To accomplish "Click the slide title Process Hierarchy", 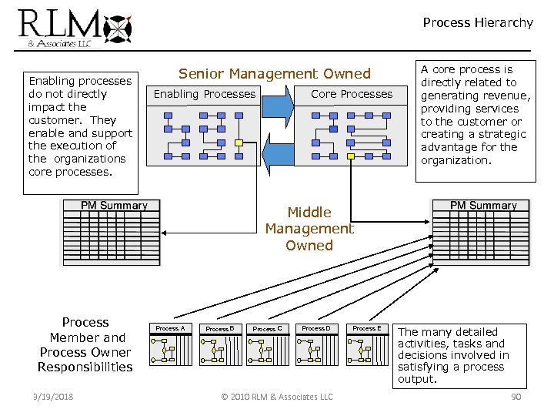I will (x=477, y=23).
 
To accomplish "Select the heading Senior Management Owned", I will (x=274, y=74).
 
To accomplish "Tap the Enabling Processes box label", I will (x=205, y=94).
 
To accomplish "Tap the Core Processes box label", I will (x=351, y=94).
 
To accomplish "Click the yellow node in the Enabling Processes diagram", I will (x=239, y=143).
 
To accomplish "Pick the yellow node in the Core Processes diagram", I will (x=351, y=156).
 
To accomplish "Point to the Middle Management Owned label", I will (x=309, y=229).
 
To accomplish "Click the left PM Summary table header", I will (x=114, y=206).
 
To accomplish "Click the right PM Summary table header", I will (x=482, y=206).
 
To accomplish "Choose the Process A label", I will (x=170, y=328).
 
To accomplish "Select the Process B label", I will (x=219, y=329).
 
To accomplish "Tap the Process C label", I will (x=267, y=329).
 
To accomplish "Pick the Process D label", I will (x=315, y=328).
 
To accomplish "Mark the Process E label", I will (x=365, y=328).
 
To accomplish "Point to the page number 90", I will (x=516, y=397).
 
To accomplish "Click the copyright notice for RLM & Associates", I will (x=276, y=397).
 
